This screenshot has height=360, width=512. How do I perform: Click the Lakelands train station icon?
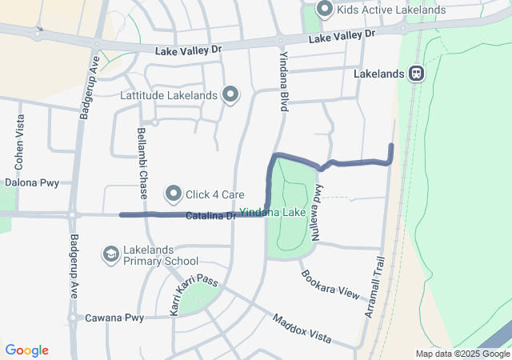416,74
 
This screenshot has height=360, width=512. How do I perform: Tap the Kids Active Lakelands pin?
325,10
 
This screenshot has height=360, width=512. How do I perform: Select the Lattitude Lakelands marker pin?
230,95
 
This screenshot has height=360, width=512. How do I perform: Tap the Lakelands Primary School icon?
110,254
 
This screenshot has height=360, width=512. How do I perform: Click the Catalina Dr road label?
211,216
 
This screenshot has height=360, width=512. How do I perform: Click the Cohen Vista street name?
19,141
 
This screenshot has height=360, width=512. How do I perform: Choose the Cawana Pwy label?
117,318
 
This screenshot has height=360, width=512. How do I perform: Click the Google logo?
26,350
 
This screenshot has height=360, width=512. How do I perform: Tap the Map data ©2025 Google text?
462,354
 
